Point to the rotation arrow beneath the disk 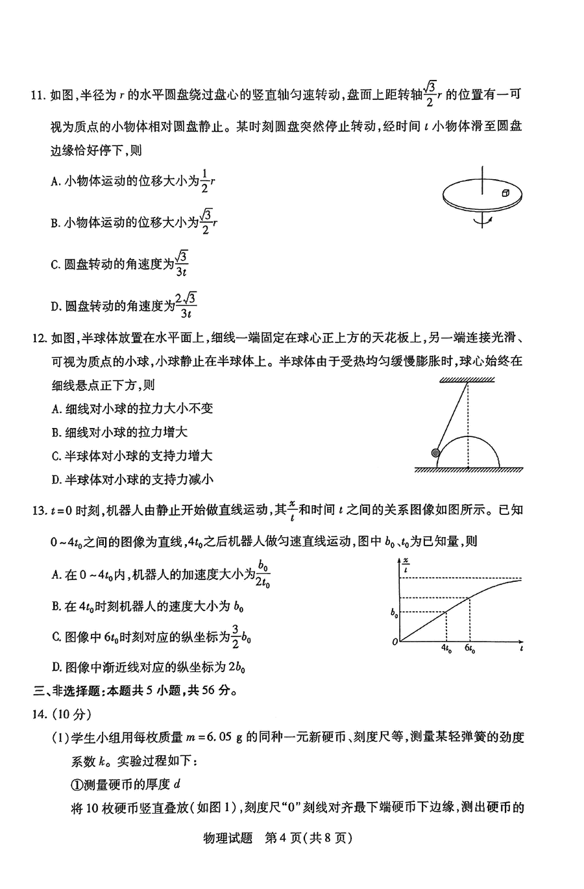click(x=481, y=221)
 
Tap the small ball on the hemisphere click(x=435, y=453)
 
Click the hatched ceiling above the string click(x=467, y=380)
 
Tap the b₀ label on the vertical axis click(x=393, y=612)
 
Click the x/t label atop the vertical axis click(x=406, y=564)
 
